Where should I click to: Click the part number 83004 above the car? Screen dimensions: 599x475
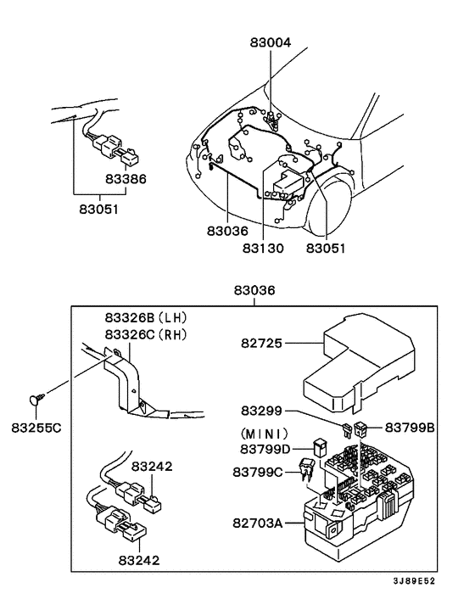271,41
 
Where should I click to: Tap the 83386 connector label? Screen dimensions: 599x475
126,180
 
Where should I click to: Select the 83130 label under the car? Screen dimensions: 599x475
264,249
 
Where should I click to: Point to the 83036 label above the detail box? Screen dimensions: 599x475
255,290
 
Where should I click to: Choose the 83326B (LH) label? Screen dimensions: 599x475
146,317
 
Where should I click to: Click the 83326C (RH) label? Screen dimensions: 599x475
146,334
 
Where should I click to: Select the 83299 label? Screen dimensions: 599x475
261,411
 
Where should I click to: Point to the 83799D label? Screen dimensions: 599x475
265,448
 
